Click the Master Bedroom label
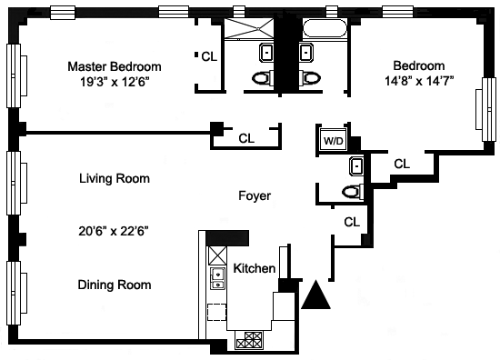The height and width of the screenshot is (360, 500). [115, 66]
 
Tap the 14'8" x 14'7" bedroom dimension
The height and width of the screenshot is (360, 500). [419, 81]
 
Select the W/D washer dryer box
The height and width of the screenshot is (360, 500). [334, 140]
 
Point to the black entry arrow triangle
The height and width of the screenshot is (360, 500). [315, 295]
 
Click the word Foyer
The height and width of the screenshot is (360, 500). [255, 195]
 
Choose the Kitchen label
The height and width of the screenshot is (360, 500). [255, 268]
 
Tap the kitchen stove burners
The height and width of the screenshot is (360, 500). [249, 340]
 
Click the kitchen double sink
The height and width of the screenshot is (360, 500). [217, 279]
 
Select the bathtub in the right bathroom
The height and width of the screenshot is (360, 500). [324, 28]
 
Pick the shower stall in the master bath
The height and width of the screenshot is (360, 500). [249, 29]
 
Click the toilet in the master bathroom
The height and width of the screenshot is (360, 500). [263, 77]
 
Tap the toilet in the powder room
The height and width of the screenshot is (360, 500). [353, 192]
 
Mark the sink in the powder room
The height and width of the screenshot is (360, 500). [357, 166]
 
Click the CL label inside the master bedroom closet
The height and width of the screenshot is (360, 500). [209, 56]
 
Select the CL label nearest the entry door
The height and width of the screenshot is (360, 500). [352, 222]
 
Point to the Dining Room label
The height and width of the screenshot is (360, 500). [115, 285]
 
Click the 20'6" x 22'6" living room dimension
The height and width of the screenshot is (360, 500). [114, 231]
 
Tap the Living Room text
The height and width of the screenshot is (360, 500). [115, 178]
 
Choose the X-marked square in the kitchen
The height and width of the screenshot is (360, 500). [217, 255]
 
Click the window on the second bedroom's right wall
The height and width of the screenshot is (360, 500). [487, 109]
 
